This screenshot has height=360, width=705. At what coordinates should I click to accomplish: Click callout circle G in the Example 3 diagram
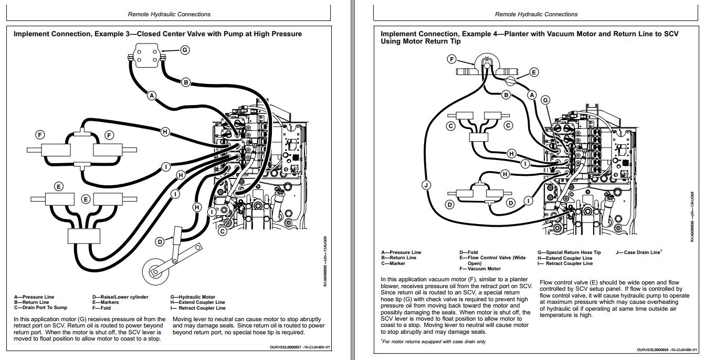(x=185, y=50)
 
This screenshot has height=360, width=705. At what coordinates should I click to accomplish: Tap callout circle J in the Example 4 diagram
(x=426, y=185)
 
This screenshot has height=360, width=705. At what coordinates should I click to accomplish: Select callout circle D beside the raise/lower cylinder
(x=160, y=242)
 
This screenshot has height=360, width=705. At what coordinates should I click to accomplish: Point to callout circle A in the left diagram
(x=152, y=96)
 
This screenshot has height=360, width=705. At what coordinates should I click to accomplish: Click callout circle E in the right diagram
(x=534, y=72)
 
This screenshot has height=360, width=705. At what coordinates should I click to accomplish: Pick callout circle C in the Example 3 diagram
(x=223, y=231)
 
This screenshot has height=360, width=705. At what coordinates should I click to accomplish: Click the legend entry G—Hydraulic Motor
(x=193, y=297)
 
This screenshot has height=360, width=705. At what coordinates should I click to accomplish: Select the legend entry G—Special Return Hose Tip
(x=569, y=252)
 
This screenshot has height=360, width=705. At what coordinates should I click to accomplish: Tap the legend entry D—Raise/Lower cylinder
(x=120, y=297)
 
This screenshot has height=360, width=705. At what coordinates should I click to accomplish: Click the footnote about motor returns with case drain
(x=433, y=342)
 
